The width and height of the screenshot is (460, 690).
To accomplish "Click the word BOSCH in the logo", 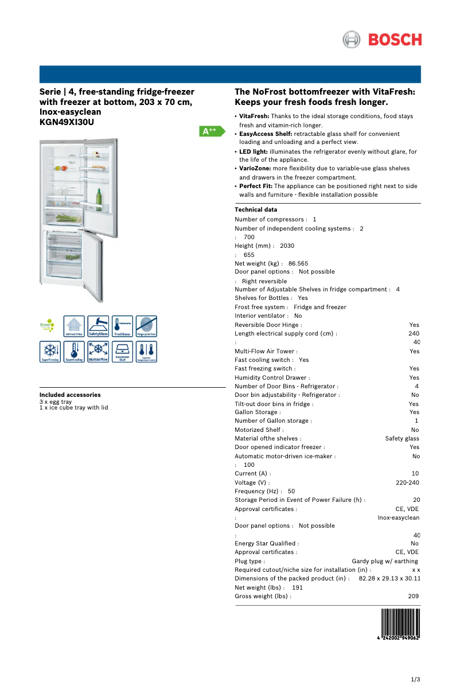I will pos(395,40).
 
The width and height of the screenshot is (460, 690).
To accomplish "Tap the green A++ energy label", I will pos(210,131).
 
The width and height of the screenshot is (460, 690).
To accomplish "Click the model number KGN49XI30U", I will pos(67,122).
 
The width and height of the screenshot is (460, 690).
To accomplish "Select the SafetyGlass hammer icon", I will pos(98,326).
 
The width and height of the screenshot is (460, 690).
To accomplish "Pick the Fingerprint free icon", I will pos(146,326).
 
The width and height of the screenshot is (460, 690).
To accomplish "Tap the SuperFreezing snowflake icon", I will pos(50,351).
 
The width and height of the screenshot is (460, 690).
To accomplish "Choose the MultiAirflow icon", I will pos(98,351).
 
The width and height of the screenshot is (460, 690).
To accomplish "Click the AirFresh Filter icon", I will pos(74,326).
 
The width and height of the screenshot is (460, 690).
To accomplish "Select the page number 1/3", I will pos(416,680).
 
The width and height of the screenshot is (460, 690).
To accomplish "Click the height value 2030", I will pos(287,245).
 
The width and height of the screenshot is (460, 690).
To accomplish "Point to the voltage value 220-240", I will pos(407,482).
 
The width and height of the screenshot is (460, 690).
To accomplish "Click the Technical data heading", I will pos(256,210).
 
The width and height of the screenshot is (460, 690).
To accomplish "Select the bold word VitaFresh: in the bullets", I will pos(254,116).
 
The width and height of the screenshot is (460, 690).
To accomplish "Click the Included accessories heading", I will pos(70,395).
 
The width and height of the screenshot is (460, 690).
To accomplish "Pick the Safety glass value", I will pos(402,438).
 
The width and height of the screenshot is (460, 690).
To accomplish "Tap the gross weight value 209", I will pos(413,596).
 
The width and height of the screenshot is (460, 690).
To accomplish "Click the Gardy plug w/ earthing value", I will pos(385,561).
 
